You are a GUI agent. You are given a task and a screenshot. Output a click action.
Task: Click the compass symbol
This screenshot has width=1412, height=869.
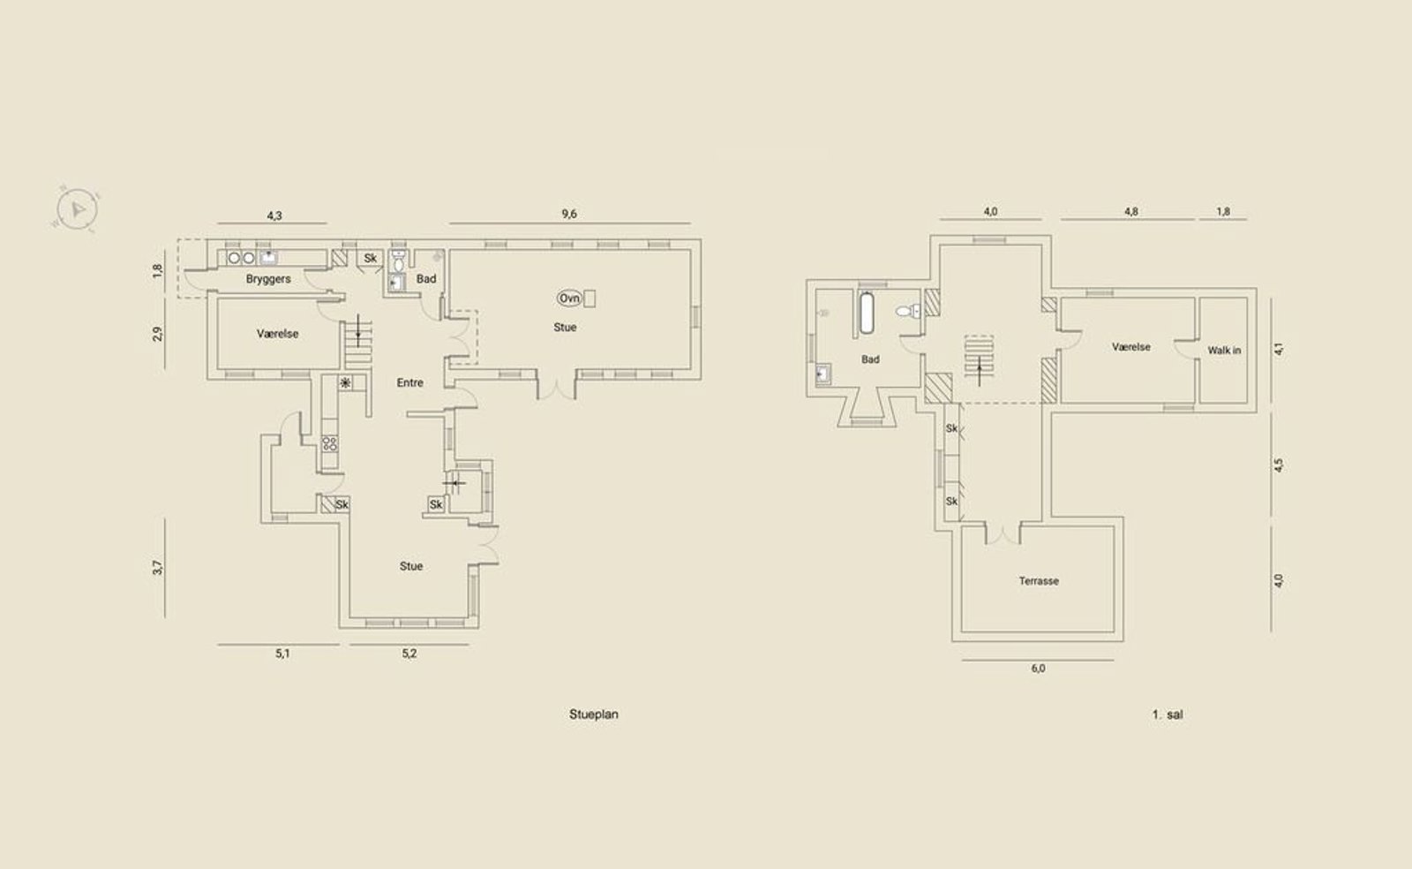pos(76,208)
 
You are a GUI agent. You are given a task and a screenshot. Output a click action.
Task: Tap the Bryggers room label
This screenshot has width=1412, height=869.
pos(268,279)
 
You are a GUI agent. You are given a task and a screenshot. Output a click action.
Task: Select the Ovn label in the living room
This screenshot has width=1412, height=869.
pos(569,298)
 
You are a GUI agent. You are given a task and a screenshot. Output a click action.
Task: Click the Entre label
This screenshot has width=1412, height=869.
pos(409,382)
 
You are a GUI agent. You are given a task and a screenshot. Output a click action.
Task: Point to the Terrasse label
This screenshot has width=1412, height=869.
pos(1039,581)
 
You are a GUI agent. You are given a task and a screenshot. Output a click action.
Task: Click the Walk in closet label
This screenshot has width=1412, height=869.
pos(1224,350)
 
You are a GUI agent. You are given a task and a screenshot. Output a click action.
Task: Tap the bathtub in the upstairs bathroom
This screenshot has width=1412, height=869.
pos(867,313)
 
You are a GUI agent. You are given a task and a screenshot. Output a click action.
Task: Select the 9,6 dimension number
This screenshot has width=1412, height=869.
pos(569,214)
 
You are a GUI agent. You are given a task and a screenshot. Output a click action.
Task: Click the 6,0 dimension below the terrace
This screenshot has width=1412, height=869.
pos(1038,669)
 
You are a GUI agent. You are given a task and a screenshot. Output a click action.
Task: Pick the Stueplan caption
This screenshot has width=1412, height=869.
pos(594,714)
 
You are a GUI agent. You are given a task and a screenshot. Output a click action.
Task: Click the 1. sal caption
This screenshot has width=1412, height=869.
pos(1168,714)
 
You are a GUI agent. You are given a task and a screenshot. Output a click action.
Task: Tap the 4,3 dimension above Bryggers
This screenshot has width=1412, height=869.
pos(274,215)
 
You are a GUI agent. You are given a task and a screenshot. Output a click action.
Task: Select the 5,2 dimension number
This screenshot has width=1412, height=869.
pos(409,654)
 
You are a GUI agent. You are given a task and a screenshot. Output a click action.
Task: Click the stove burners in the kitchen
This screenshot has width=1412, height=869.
pos(330,444)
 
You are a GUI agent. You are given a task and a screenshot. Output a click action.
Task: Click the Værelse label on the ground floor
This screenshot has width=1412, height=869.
pos(277,334)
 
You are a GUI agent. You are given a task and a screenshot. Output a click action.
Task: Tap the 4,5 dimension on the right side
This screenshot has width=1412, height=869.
pos(1279,465)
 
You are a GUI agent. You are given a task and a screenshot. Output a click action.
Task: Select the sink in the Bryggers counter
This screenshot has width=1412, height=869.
pos(268,257)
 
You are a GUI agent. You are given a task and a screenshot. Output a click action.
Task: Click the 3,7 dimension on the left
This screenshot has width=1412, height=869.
pos(158,568)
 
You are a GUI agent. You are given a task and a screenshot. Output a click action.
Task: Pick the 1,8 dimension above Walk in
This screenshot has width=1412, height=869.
pos(1223,212)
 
